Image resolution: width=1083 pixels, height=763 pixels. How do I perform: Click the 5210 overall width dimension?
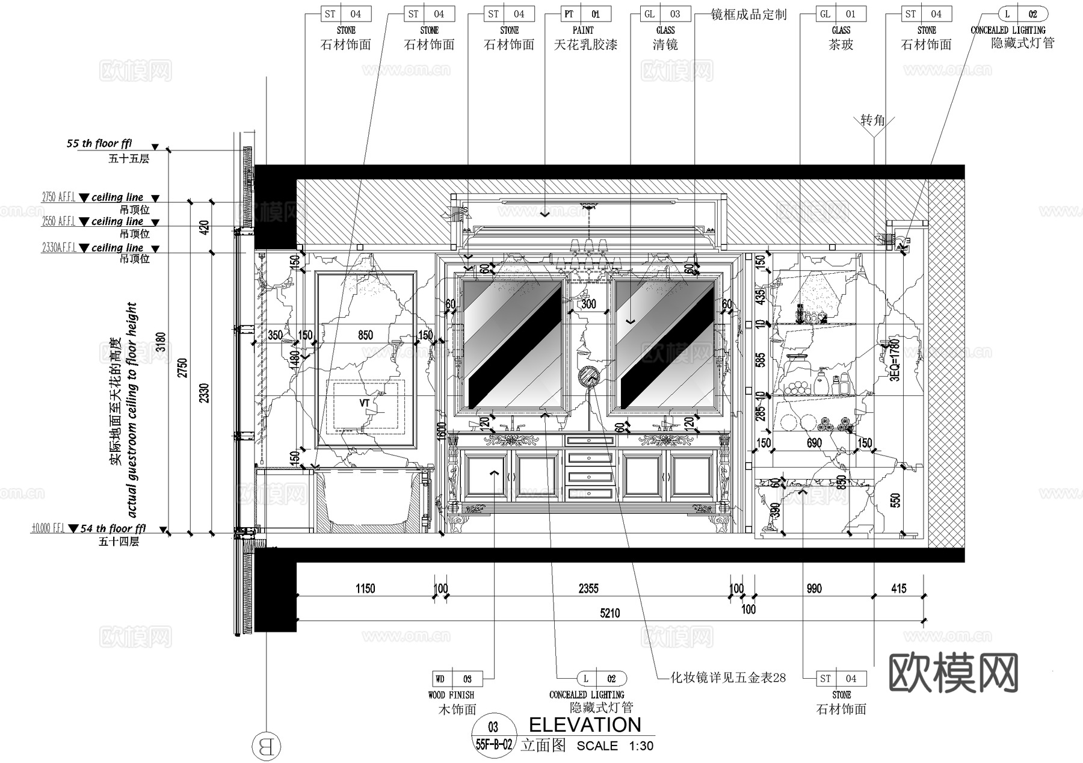[x=609, y=613]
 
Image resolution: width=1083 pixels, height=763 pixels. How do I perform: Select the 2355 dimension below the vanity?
[x=588, y=588]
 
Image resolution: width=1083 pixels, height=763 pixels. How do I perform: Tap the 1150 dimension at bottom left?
[x=365, y=588]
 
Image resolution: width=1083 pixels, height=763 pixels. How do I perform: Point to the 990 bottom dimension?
[x=813, y=588]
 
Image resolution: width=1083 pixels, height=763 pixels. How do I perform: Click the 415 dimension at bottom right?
[x=898, y=588]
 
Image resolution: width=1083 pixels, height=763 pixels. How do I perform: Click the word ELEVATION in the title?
[x=585, y=724]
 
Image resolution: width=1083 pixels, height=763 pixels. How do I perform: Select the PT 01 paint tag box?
[x=582, y=14]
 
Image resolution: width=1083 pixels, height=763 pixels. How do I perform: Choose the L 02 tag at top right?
[x=1022, y=14]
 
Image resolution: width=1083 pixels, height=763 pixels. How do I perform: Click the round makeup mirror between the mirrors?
[x=588, y=377]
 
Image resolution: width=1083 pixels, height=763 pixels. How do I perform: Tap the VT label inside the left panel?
[x=365, y=403]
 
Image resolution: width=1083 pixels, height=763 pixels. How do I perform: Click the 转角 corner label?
[x=872, y=120]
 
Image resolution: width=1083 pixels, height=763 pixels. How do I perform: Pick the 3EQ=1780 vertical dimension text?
[x=895, y=359]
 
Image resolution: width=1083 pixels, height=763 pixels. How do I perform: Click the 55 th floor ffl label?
[x=99, y=144]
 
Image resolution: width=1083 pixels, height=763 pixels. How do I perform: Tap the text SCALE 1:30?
[x=615, y=746]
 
